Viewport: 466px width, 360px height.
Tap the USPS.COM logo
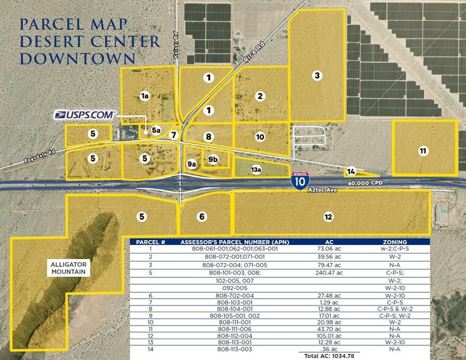pos(85,114)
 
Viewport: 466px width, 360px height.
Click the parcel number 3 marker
pos(317,76)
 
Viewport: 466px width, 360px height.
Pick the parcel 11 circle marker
pos(423,151)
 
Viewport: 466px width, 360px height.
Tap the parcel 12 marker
pos(328,217)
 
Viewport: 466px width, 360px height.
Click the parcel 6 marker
pos(202,217)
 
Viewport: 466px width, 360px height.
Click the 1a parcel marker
pos(145,96)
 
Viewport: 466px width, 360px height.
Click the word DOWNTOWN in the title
pos(78,58)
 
